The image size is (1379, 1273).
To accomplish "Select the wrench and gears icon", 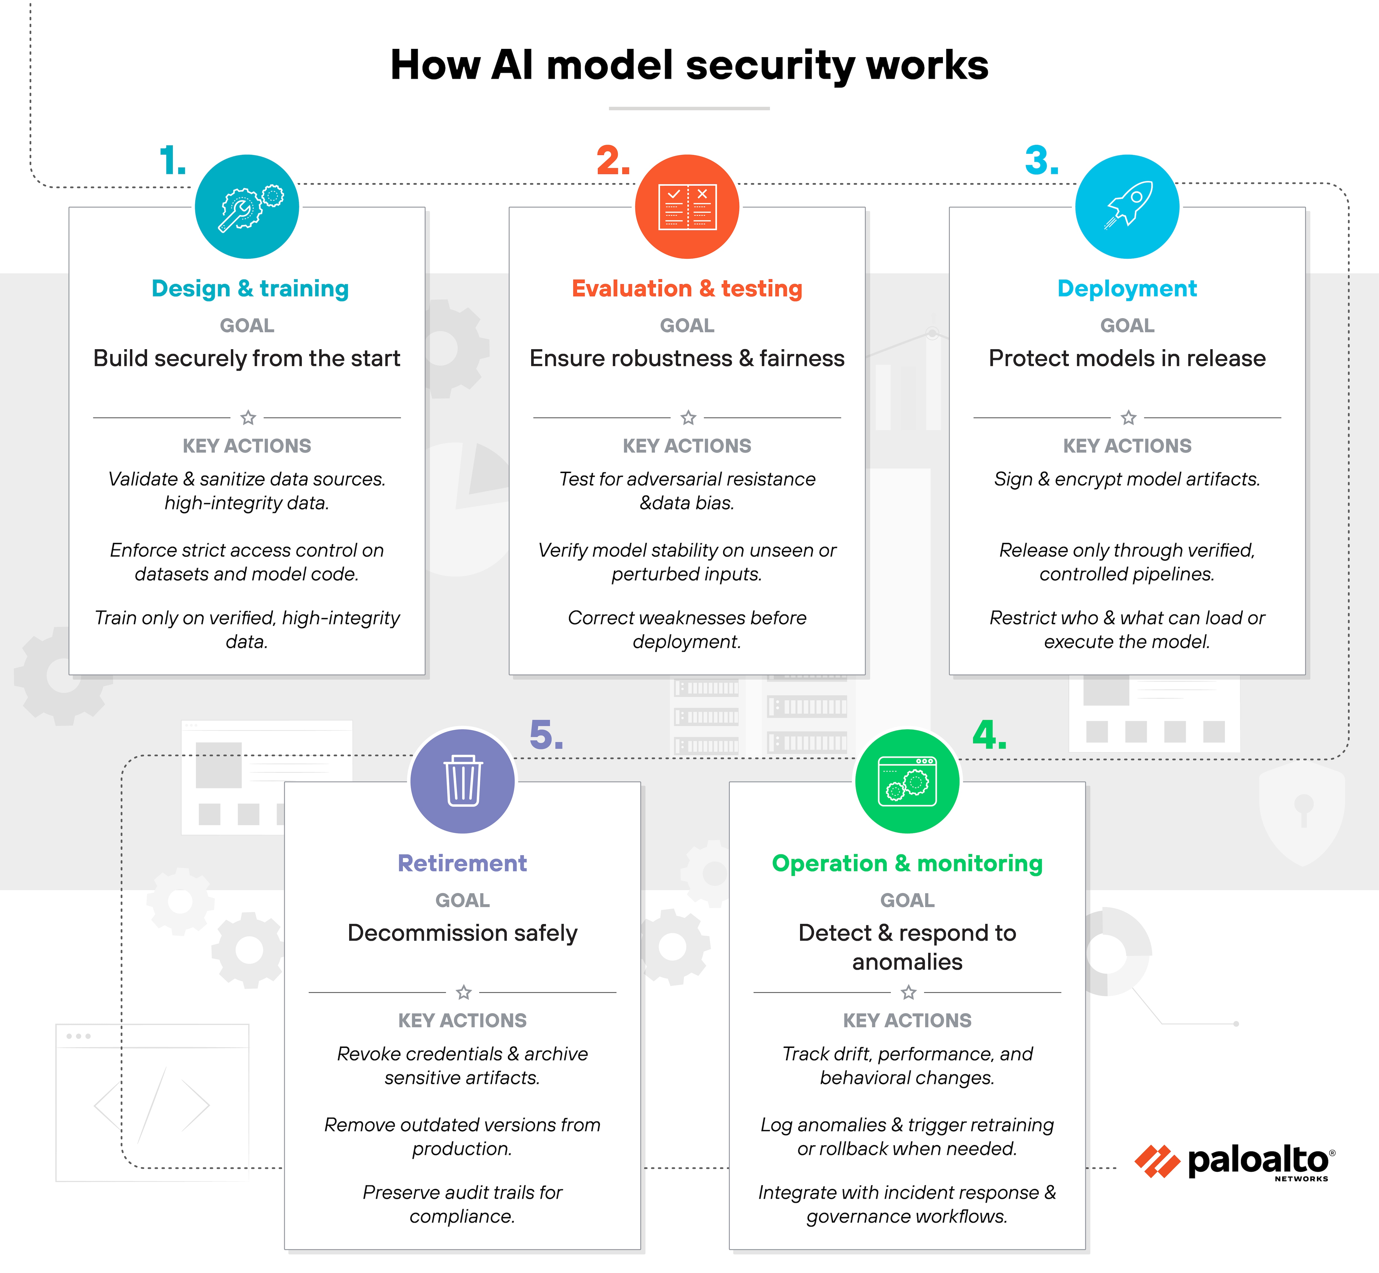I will [x=247, y=207].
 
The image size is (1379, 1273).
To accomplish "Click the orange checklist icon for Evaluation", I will [x=687, y=207].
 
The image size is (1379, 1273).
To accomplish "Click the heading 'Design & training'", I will [x=250, y=289].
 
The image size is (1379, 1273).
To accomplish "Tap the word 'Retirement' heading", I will [x=462, y=863].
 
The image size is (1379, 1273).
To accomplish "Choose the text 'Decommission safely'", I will [x=462, y=933].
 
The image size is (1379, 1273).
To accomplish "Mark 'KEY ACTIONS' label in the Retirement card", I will [x=462, y=1020].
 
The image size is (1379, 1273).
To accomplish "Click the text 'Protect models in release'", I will [x=1127, y=358].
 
